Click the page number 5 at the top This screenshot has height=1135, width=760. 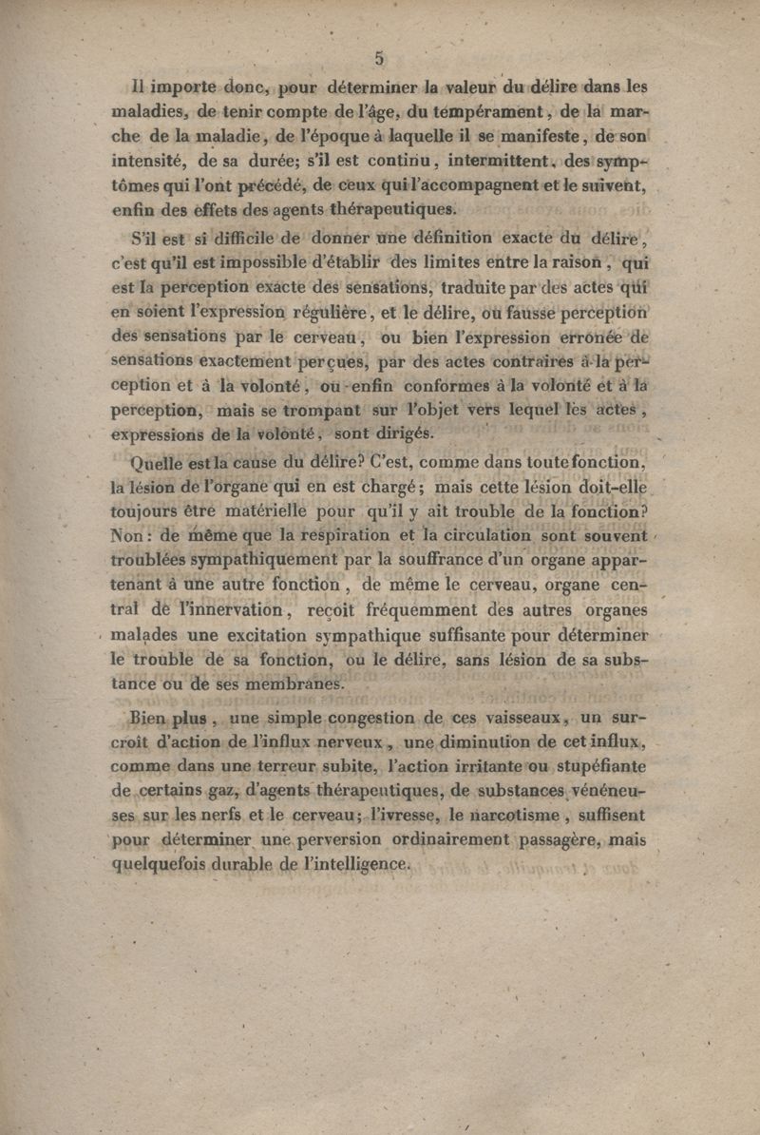tap(378, 58)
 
